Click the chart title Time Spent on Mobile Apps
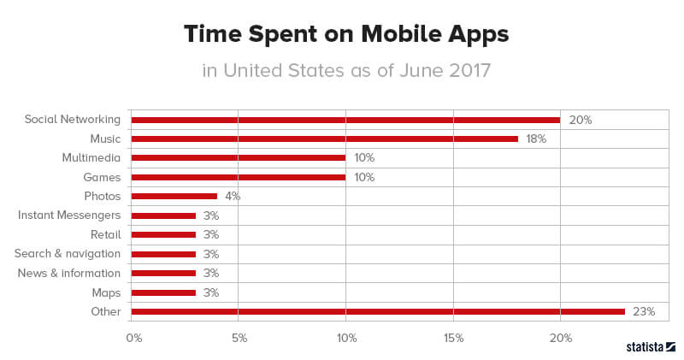[346, 34]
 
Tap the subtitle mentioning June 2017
[346, 70]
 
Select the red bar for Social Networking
[345, 120]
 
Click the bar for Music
[324, 139]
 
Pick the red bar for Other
[378, 312]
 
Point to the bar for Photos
[174, 197]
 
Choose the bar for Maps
[163, 292]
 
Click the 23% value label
[644, 312]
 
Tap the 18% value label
[536, 139]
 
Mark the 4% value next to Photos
[233, 197]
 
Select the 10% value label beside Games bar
[364, 177]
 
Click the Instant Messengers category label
[69, 215]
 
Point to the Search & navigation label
[68, 254]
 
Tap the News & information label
[69, 274]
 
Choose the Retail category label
[105, 235]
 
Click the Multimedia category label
[91, 158]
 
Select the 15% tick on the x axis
[453, 339]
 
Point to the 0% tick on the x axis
[133, 339]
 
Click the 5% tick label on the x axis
[239, 339]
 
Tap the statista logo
[652, 347]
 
